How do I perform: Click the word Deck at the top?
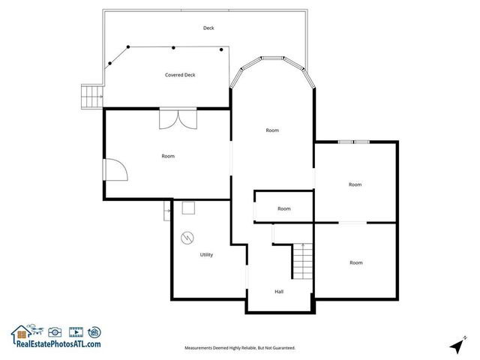(208, 28)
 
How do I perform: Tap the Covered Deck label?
(180, 75)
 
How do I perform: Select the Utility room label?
(206, 254)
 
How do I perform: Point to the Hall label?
(279, 291)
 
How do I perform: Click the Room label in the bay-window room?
(272, 130)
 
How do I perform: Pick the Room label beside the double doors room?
(168, 156)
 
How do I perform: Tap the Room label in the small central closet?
(284, 208)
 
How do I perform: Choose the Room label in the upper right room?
(355, 184)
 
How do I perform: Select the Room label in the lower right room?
(355, 262)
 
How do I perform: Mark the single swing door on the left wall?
(116, 171)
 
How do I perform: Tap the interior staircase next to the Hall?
(301, 262)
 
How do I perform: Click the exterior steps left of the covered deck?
(91, 97)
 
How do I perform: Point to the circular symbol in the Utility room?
(187, 238)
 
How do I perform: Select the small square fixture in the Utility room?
(188, 209)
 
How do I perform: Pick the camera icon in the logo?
(55, 331)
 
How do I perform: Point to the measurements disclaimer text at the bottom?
(240, 348)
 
